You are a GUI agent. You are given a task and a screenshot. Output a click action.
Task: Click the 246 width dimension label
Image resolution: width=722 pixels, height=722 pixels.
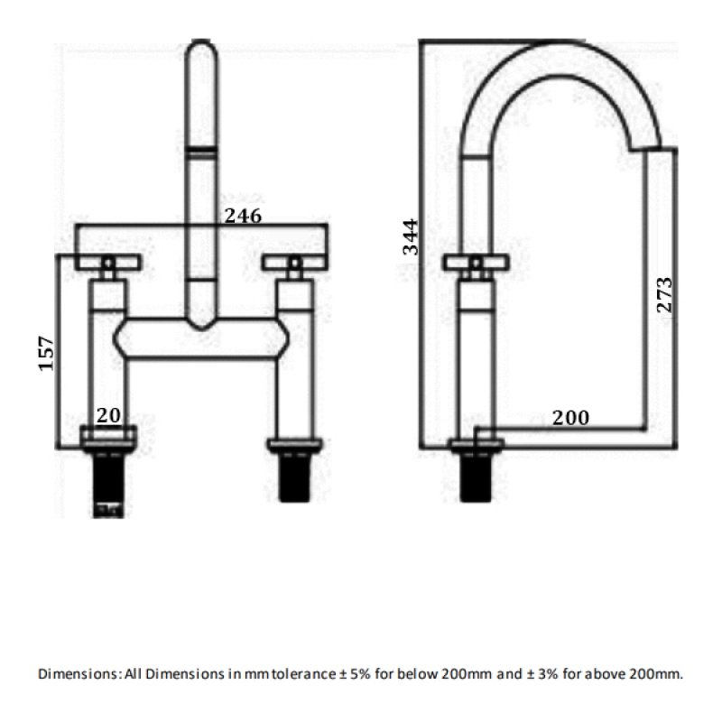243,216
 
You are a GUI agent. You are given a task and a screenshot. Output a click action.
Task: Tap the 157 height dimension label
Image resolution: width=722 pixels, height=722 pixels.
46,353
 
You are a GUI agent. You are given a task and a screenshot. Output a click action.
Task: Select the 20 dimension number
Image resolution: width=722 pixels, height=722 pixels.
108,415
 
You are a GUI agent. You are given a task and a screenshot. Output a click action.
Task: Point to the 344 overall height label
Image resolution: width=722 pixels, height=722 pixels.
411,236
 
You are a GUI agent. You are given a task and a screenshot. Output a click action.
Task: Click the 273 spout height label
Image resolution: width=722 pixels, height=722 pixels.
664,295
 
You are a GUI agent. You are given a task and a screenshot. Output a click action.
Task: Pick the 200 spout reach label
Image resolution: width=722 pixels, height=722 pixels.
570,418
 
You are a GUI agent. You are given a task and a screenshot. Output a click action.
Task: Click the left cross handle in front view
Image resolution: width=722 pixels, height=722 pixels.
108,263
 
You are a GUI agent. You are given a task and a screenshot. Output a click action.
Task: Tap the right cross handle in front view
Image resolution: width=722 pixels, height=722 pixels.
295,263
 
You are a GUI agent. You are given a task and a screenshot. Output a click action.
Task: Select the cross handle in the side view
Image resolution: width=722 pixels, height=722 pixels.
477,263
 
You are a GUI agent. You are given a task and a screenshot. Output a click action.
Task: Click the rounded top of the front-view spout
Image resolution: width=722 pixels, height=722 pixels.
200,47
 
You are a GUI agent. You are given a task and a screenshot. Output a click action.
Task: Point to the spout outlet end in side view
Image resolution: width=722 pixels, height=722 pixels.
645,147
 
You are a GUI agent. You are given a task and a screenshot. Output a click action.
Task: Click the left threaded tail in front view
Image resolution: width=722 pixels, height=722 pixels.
108,485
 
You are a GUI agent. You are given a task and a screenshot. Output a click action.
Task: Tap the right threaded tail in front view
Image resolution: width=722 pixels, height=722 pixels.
295,477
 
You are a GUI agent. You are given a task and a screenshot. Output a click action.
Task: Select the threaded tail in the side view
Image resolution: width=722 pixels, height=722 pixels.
477,477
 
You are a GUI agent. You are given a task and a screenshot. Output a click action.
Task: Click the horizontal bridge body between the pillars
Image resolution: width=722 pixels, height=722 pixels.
201,339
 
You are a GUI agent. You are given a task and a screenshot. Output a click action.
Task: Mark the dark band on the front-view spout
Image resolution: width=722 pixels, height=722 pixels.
200,150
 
